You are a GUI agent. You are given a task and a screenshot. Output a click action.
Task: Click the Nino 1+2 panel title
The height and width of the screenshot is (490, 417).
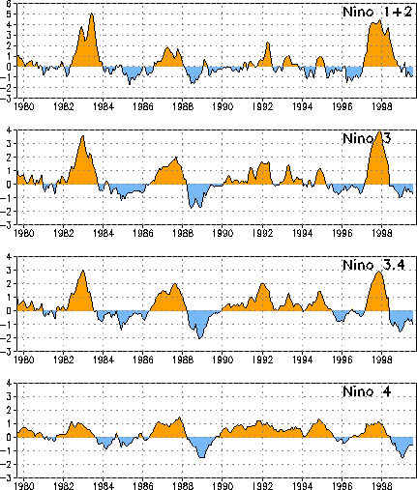(x=377, y=12)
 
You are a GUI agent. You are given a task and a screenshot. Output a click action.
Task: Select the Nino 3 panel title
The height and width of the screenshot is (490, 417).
(x=367, y=138)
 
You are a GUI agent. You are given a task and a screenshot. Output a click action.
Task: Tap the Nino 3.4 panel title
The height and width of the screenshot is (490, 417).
(x=373, y=265)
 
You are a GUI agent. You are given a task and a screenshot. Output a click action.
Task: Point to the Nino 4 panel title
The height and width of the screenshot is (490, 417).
(x=367, y=391)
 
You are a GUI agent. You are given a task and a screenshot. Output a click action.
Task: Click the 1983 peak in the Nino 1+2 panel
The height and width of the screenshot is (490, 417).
(x=92, y=14)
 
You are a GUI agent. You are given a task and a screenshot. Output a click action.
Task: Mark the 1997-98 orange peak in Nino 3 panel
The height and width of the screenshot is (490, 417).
(x=379, y=131)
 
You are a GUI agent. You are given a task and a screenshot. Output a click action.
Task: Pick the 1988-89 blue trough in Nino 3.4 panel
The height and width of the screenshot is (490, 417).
(x=199, y=338)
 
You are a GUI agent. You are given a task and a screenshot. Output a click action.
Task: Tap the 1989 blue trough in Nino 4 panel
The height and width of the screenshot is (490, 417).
(x=202, y=457)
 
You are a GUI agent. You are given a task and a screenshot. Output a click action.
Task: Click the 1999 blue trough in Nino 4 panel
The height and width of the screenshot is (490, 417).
(x=402, y=457)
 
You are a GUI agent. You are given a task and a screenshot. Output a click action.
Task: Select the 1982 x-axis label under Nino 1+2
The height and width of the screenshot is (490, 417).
(x=64, y=106)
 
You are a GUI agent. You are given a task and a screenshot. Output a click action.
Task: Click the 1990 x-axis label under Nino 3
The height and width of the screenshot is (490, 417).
(x=223, y=233)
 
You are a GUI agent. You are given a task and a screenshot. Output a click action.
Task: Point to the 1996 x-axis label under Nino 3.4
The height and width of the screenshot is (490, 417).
(x=343, y=360)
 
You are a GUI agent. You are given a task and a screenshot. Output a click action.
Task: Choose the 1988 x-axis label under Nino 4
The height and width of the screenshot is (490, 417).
(x=183, y=486)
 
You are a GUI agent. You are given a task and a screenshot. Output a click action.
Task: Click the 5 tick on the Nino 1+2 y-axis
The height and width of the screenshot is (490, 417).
(x=9, y=14)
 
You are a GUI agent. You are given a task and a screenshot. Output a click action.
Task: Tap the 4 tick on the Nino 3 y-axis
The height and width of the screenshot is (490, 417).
(x=9, y=130)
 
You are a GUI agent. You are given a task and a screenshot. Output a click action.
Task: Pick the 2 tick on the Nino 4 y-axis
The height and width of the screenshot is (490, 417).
(x=9, y=410)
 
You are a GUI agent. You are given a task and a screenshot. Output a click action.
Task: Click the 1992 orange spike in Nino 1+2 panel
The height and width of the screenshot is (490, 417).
(x=268, y=43)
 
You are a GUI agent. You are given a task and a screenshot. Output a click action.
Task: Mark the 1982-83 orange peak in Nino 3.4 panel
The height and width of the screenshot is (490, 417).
(x=83, y=271)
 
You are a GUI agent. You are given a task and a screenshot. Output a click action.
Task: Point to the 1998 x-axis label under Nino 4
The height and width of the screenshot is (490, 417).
(x=382, y=486)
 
